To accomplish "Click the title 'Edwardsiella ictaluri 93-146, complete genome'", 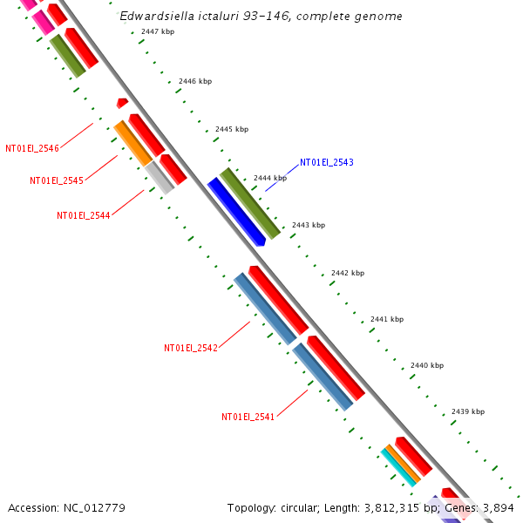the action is pyautogui.click(x=261, y=17).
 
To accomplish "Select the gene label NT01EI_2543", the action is pyautogui.click(x=326, y=162).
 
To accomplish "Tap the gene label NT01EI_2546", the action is pyautogui.click(x=32, y=148).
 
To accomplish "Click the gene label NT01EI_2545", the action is pyautogui.click(x=57, y=181).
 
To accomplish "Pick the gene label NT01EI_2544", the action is pyautogui.click(x=83, y=215).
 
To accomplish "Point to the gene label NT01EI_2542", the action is pyautogui.click(x=191, y=348).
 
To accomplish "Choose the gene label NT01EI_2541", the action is pyautogui.click(x=248, y=417).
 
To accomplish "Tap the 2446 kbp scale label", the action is pyautogui.click(x=195, y=81).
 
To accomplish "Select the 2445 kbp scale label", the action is pyautogui.click(x=232, y=129).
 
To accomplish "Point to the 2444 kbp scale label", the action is pyautogui.click(x=270, y=177).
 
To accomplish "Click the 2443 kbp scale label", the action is pyautogui.click(x=309, y=225).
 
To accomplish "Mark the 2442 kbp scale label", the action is pyautogui.click(x=348, y=273).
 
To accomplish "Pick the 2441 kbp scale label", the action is pyautogui.click(x=387, y=319).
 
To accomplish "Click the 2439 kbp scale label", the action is pyautogui.click(x=468, y=411).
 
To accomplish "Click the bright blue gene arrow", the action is pyautogui.click(x=236, y=212).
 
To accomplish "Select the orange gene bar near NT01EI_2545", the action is pyautogui.click(x=132, y=143).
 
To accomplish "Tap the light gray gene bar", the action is pyautogui.click(x=160, y=177).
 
